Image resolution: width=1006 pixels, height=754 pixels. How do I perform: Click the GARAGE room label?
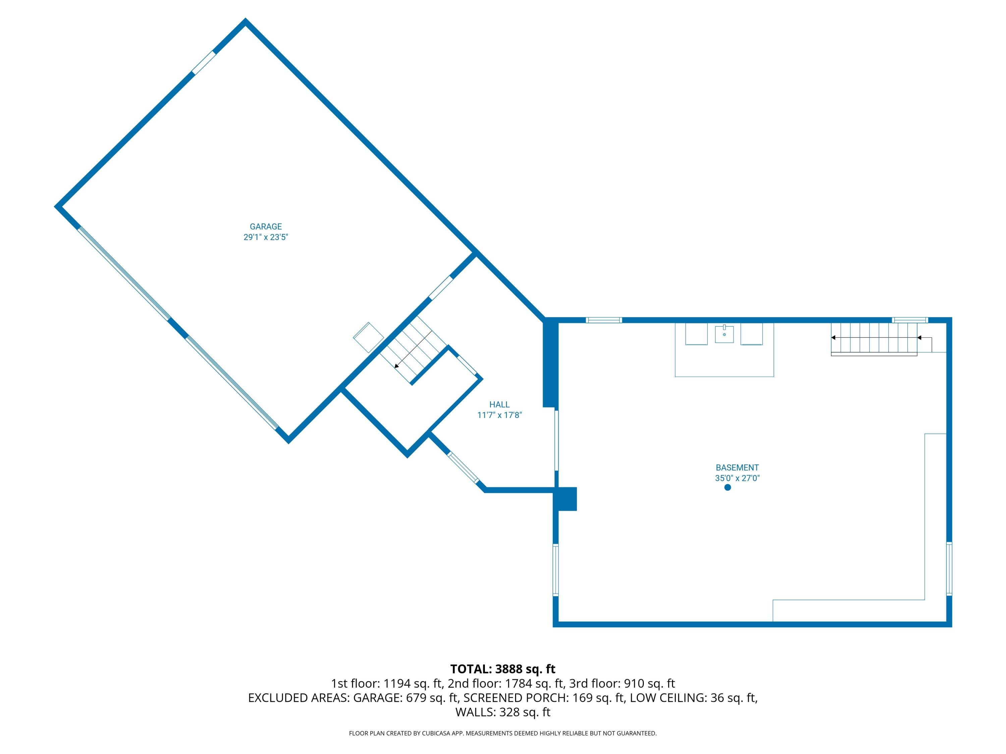(266, 226)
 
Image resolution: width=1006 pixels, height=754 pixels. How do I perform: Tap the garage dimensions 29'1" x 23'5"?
(266, 237)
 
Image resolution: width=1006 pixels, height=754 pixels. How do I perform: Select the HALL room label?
(499, 404)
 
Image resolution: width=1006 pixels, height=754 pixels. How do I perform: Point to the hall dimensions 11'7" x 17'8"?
(499, 415)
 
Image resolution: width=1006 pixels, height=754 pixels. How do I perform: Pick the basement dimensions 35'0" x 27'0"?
(737, 478)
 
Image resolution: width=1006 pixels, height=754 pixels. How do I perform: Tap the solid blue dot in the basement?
(728, 488)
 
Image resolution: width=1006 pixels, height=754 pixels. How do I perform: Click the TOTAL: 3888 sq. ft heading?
(503, 669)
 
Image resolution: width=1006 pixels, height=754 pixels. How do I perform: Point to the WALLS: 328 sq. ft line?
(503, 712)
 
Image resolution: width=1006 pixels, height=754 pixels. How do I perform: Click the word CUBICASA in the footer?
(437, 733)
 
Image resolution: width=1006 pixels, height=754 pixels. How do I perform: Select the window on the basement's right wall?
(949, 569)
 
